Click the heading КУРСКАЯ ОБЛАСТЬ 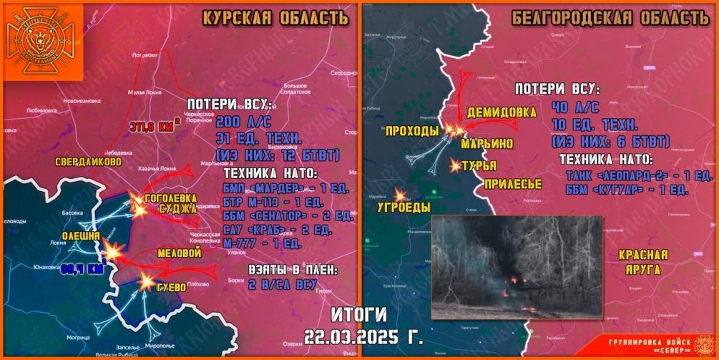[275, 18]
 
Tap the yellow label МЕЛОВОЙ [179, 253]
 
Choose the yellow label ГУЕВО [171, 287]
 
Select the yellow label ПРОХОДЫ [411, 131]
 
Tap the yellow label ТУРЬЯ [479, 166]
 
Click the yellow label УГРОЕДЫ [403, 208]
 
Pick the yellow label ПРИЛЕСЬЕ [512, 184]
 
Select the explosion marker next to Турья [456, 166]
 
